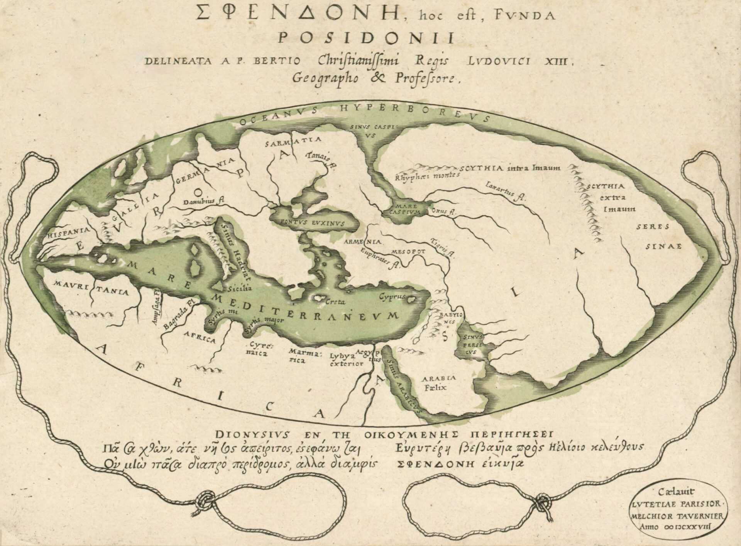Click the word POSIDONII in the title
pos(366,38)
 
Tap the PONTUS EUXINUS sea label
pos(313,223)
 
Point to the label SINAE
pos(659,246)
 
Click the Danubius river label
pos(204,201)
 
